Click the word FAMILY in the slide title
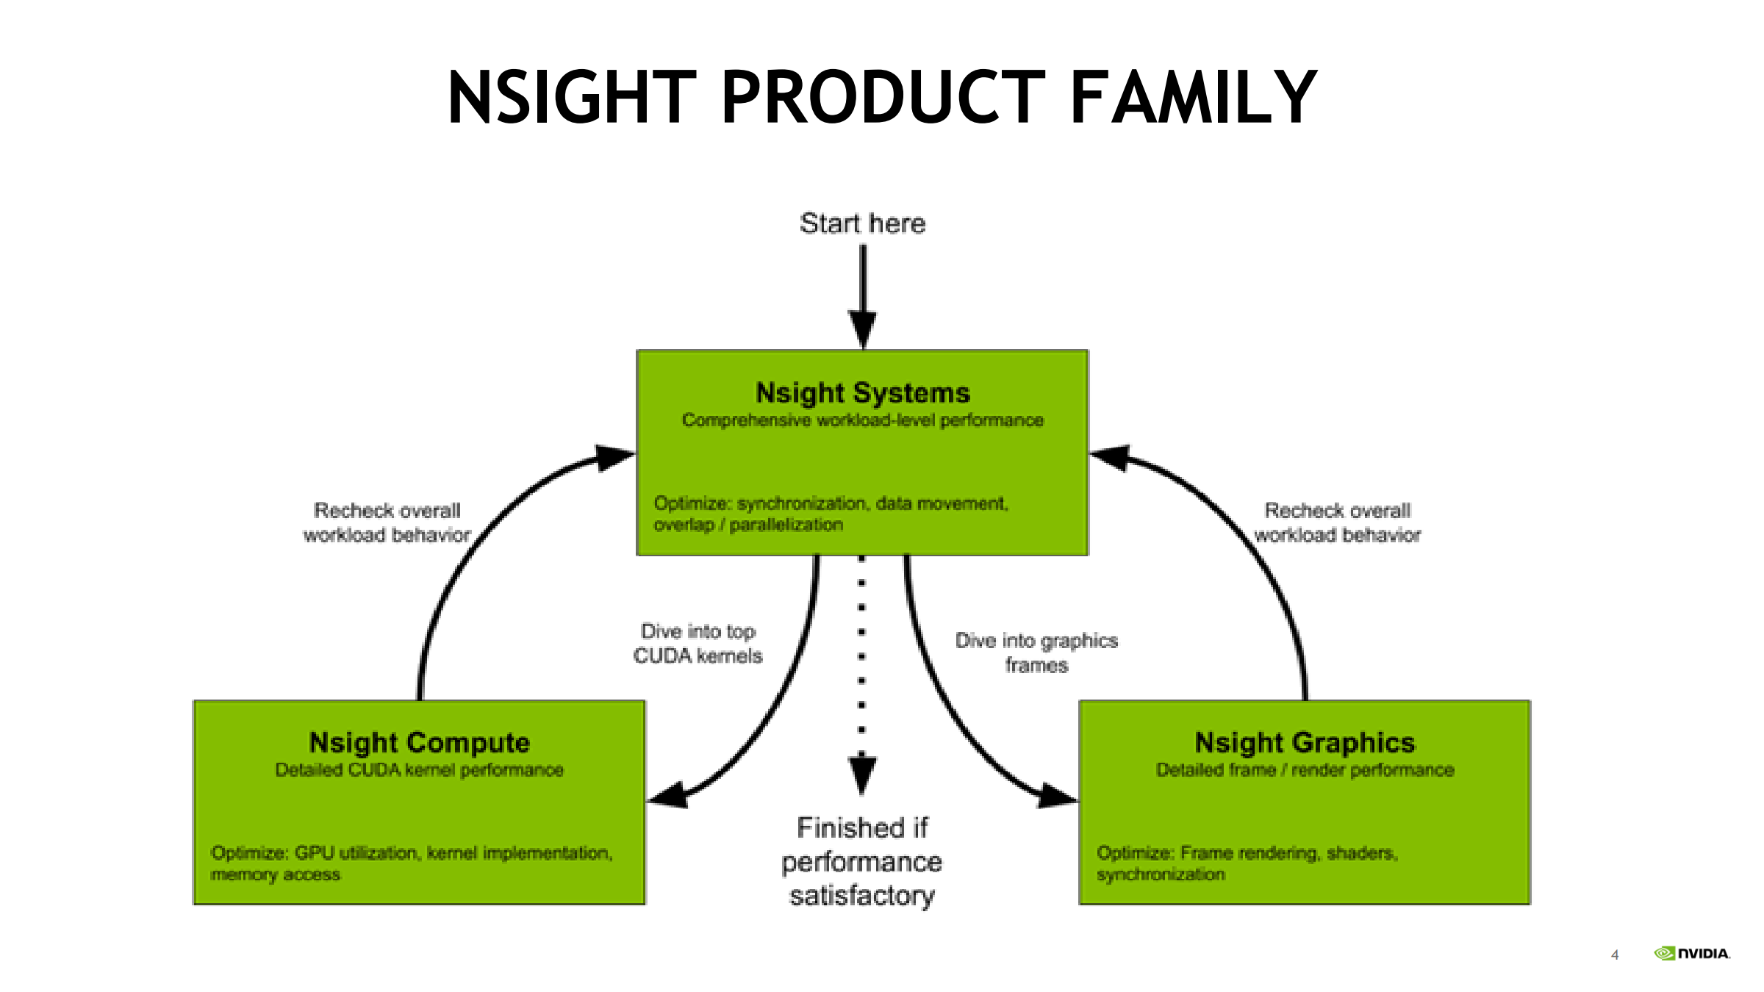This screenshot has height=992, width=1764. [x=1193, y=97]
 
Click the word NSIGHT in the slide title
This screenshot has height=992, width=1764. [x=572, y=97]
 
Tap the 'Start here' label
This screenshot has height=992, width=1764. [x=862, y=223]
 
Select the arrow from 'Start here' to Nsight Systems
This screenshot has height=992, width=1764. [x=863, y=294]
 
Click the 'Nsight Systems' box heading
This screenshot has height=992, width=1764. [x=863, y=393]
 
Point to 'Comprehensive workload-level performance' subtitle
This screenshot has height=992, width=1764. [x=863, y=420]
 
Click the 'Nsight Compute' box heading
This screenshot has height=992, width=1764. [x=419, y=743]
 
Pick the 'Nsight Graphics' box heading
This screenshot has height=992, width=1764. [x=1305, y=743]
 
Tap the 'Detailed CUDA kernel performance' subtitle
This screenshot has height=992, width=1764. [x=419, y=770]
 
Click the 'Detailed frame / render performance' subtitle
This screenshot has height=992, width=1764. [x=1305, y=770]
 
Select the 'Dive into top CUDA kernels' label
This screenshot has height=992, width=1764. [x=698, y=644]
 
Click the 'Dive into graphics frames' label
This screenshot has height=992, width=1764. [x=1036, y=653]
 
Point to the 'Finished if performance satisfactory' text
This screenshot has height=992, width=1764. [x=861, y=862]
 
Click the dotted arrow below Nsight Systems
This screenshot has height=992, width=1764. [x=862, y=661]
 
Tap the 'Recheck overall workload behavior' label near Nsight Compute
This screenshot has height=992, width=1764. [x=387, y=522]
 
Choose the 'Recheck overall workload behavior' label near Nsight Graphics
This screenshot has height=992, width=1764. [x=1338, y=522]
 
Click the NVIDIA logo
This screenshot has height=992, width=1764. [x=1692, y=954]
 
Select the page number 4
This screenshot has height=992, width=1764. [x=1615, y=955]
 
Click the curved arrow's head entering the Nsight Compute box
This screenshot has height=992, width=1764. [x=668, y=796]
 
